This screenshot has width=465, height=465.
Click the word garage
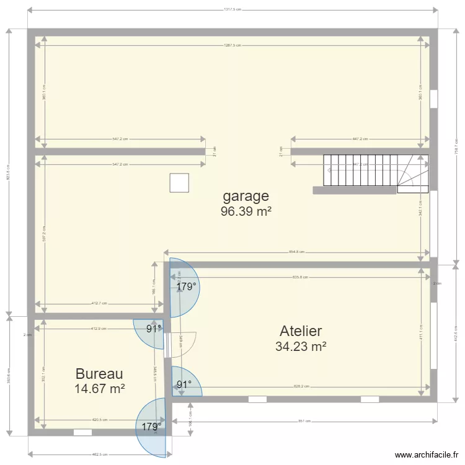(246, 197)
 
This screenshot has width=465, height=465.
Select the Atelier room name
(301, 331)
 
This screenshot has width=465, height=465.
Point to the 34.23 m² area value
(301, 347)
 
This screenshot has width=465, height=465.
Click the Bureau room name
(99, 374)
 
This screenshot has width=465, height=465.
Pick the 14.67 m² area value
(99, 389)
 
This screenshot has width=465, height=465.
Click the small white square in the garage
(179, 183)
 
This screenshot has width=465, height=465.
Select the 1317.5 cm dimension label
(232, 10)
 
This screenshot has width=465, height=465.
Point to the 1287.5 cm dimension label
(232, 45)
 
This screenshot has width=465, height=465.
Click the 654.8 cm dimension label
(297, 252)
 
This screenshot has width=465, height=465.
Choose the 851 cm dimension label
(304, 422)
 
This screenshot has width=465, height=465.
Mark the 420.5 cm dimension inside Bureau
(100, 420)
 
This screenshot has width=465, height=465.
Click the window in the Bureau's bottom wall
(82, 432)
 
